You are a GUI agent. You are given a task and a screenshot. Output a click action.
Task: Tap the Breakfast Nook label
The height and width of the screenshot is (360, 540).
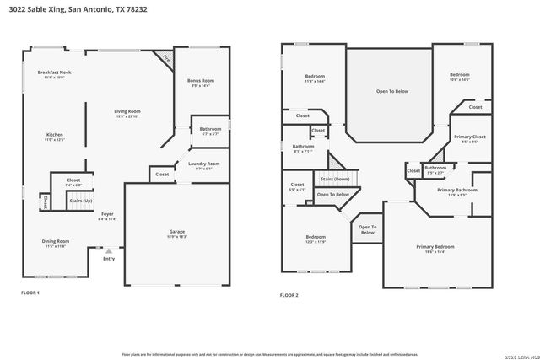tap(54, 73)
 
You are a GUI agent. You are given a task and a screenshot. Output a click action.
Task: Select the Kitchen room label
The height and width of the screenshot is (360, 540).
tap(54, 134)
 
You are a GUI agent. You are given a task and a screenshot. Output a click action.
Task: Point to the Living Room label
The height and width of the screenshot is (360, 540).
tap(127, 110)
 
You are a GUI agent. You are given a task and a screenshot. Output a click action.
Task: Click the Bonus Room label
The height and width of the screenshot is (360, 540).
tap(201, 80)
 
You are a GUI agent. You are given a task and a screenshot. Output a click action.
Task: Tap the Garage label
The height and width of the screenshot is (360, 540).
tap(177, 231)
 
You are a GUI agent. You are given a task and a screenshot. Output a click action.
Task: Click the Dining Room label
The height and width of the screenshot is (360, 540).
tap(56, 241)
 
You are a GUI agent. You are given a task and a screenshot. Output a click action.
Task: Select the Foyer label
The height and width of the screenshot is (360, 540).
tap(107, 214)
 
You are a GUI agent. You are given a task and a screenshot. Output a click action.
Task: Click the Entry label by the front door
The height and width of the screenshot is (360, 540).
tap(108, 258)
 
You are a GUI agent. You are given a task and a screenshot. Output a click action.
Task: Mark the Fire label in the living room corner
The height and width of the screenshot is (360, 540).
tap(165, 59)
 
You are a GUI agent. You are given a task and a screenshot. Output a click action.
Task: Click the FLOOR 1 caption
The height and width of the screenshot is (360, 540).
tap(30, 293)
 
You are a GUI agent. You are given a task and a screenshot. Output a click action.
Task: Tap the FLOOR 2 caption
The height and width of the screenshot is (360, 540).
tap(289, 295)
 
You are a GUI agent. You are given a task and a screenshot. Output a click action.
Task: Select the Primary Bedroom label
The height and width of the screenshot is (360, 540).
tap(435, 246)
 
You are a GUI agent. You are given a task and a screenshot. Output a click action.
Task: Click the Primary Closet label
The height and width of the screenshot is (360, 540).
tap(469, 137)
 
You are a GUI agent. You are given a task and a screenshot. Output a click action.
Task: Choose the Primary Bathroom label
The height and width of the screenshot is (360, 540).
tap(456, 190)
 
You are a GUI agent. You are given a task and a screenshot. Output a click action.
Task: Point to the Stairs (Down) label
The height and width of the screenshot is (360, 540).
tap(335, 179)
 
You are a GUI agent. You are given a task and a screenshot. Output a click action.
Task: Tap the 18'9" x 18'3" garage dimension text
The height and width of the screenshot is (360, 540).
tap(177, 237)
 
